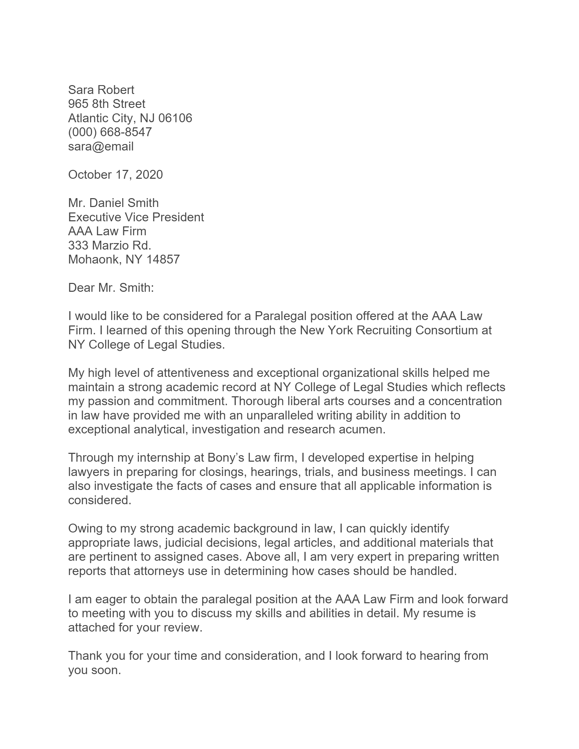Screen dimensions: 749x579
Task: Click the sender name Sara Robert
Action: click(101, 90)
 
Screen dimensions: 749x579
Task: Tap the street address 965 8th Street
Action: click(106, 104)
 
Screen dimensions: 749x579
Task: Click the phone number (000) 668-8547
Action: click(110, 132)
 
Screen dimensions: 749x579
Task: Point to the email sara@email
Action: click(100, 146)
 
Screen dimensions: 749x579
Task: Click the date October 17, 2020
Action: click(115, 175)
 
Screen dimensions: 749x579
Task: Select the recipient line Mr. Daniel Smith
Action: click(113, 203)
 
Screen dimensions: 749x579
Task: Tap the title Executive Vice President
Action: click(136, 217)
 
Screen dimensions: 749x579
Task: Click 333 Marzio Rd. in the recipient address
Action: click(109, 245)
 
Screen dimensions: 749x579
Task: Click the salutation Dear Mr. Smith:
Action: click(111, 287)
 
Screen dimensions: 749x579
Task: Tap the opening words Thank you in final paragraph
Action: click(97, 656)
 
